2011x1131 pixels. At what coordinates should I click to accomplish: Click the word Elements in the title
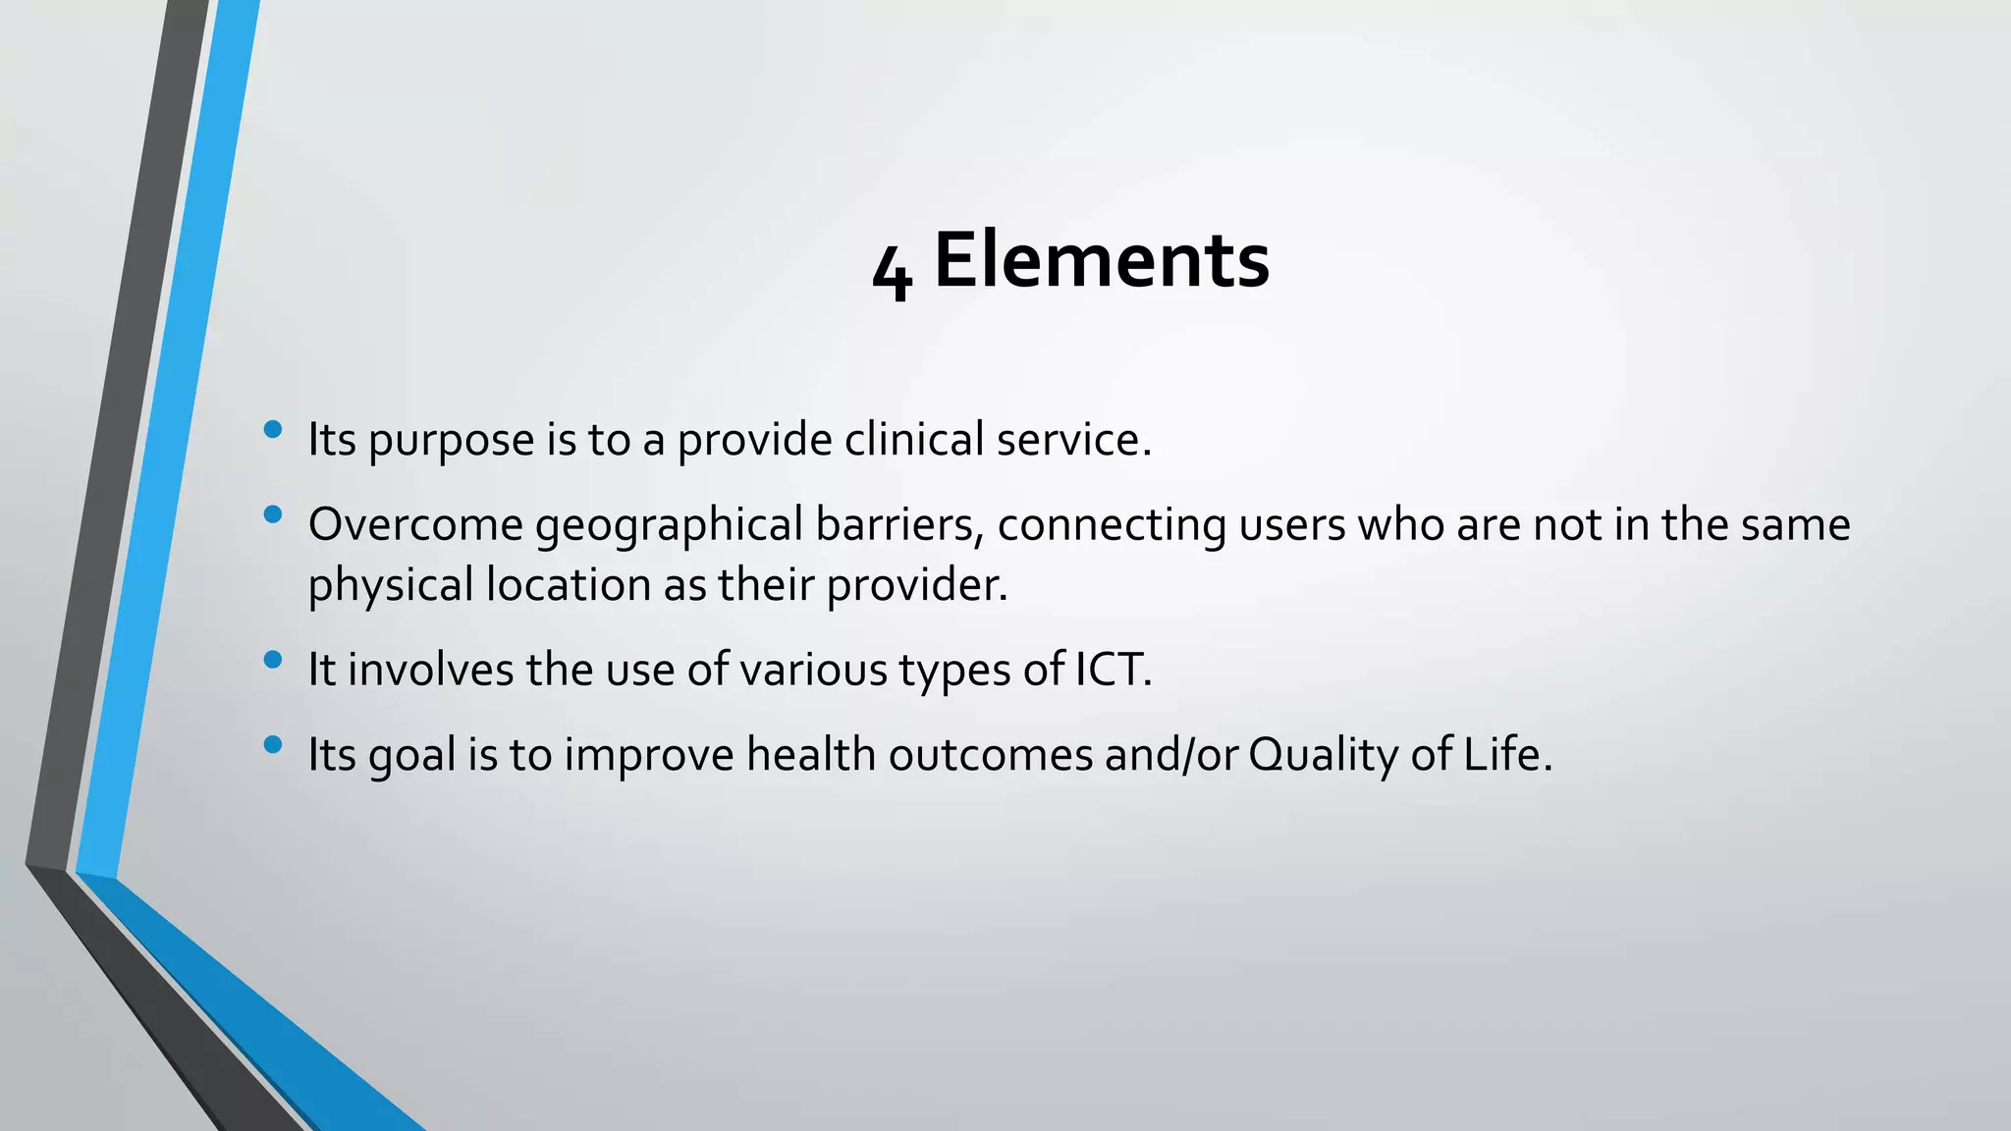point(1101,260)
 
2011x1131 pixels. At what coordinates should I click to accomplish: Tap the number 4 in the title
point(892,272)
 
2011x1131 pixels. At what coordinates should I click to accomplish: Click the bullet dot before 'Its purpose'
point(273,429)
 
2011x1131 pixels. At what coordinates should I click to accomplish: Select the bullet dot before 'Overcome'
point(273,514)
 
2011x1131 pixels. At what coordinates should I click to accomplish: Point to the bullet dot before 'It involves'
point(273,660)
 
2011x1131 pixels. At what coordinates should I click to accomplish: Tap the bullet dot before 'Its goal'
point(273,744)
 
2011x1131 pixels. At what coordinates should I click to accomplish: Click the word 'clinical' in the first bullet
point(913,439)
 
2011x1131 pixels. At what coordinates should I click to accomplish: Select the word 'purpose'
point(451,441)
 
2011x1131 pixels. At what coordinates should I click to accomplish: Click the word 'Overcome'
point(415,524)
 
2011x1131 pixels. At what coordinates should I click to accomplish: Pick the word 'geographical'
point(670,526)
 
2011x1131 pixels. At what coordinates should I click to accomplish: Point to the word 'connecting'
point(1112,526)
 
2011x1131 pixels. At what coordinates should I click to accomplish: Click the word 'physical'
point(391,586)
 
